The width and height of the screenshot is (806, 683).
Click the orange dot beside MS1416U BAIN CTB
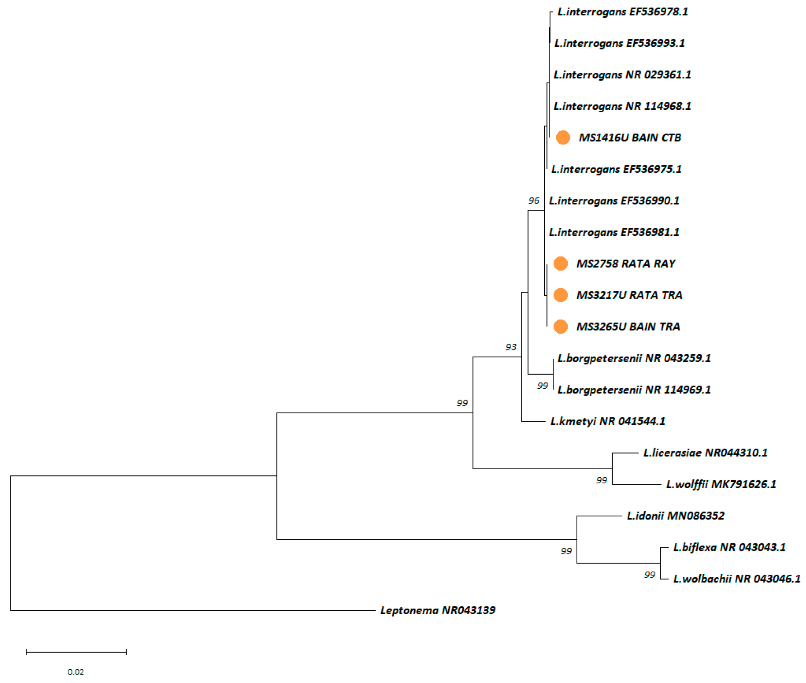pos(562,138)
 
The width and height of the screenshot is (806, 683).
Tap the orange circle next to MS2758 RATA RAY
pos(560,264)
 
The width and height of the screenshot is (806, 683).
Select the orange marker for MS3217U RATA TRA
pos(560,295)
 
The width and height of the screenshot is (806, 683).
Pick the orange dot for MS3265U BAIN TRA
pos(560,326)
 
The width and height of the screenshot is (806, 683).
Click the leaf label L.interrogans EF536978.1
pos(622,12)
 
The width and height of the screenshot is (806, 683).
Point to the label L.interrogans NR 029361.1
pos(622,75)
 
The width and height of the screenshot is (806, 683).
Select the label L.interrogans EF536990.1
pos(614,201)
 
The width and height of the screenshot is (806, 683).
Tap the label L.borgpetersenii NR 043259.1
pos(634,358)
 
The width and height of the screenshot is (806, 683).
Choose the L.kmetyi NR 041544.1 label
pos(608,421)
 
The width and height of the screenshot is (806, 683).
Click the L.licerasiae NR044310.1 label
pos(705,453)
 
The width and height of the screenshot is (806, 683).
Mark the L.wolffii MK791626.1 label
pos(721,484)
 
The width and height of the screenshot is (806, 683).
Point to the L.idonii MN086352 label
pos(675,516)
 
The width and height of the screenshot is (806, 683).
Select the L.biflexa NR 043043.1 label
pos(729,547)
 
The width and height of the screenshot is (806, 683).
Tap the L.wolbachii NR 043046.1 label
pos(736,579)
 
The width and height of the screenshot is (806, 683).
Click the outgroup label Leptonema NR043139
pos(438,611)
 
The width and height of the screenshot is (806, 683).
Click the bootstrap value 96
pos(533,200)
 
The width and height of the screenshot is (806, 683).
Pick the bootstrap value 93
pos(510,347)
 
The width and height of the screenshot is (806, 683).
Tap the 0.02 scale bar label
pos(76,672)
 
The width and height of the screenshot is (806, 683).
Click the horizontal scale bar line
pos(76,652)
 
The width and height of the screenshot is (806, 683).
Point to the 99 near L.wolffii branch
pos(601,480)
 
